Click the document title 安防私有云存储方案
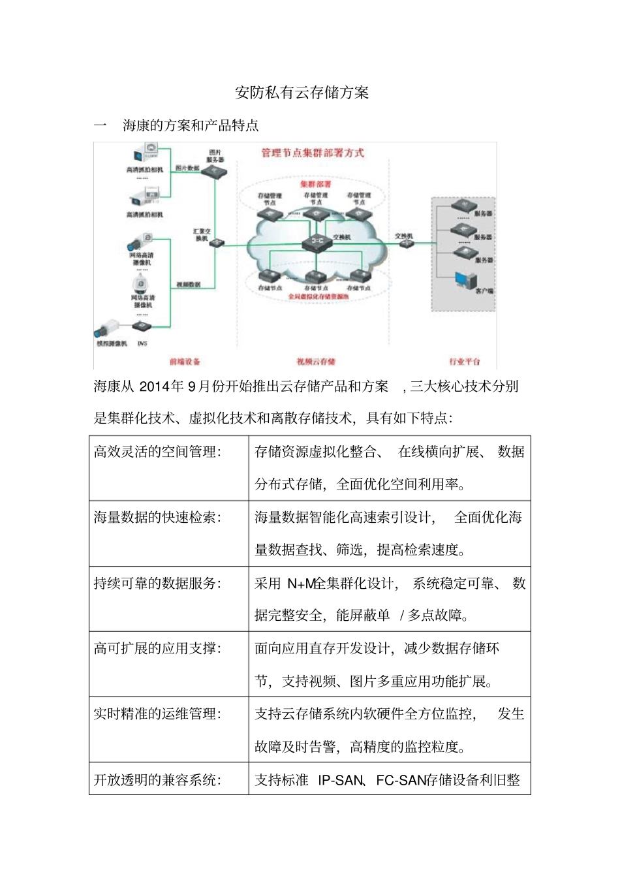[302, 93]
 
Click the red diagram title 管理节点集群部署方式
[313, 153]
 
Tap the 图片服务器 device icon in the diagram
[214, 172]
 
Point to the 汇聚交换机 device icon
[217, 243]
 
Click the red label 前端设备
[185, 361]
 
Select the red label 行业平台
[464, 361]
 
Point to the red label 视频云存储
[316, 361]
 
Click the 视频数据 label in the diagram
[188, 285]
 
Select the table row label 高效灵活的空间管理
[157, 452]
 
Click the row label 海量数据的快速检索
[157, 517]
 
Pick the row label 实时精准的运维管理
[157, 713]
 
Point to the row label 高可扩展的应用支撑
[157, 648]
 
